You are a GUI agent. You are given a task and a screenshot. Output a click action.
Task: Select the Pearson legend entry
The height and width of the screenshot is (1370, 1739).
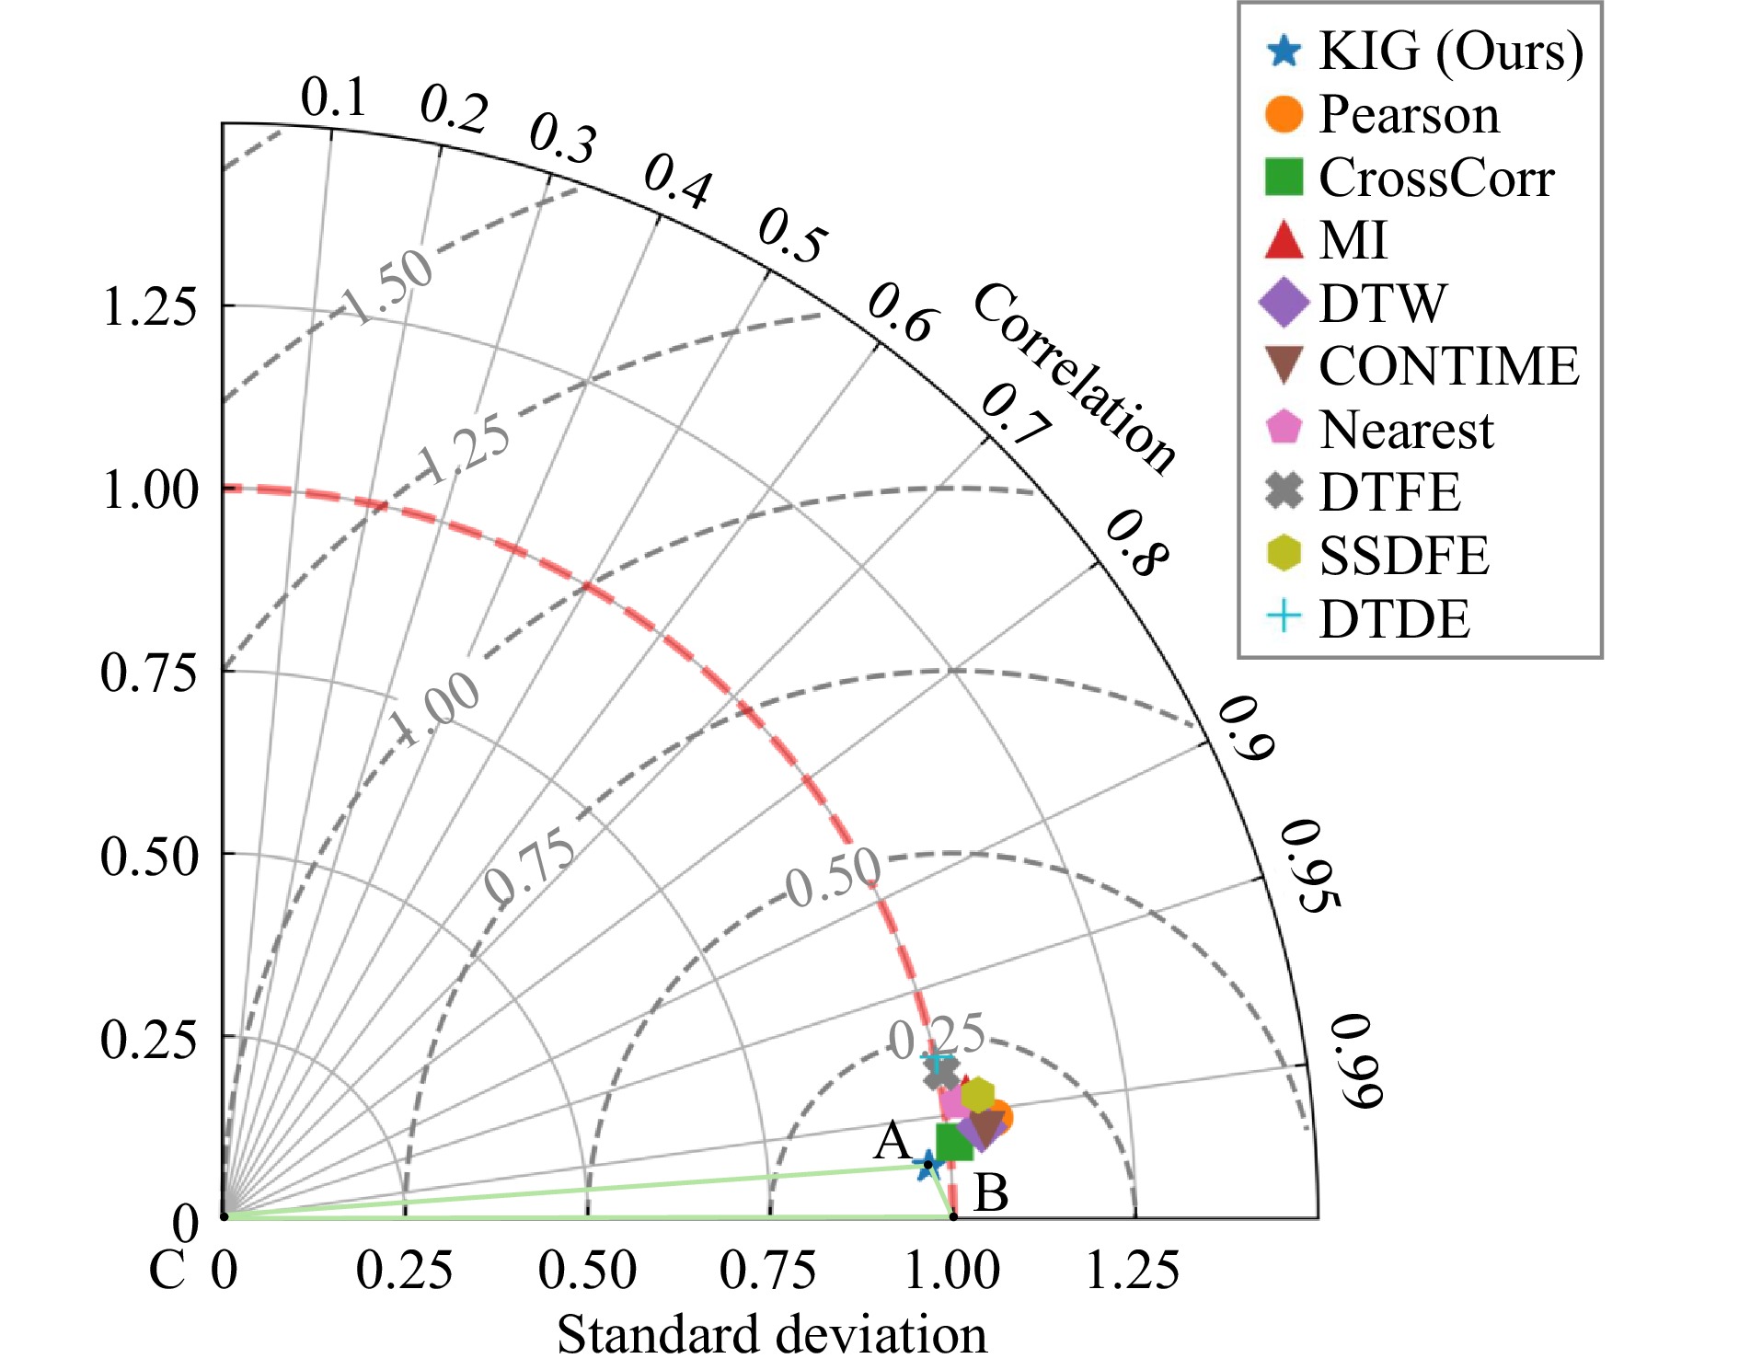[x=1408, y=114]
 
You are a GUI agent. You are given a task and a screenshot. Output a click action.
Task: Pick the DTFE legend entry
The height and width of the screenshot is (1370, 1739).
[x=1388, y=492]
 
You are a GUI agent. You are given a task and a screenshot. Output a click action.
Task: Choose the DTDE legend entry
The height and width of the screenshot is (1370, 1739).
[x=1393, y=618]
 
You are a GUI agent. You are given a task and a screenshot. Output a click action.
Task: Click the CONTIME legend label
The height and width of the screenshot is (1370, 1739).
[x=1448, y=366]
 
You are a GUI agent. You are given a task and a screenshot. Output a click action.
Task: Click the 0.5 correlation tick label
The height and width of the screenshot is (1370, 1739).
[x=791, y=236]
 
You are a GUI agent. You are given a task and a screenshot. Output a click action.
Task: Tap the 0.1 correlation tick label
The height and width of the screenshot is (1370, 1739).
[x=333, y=97]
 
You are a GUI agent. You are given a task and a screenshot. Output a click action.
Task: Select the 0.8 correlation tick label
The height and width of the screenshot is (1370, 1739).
[x=1136, y=544]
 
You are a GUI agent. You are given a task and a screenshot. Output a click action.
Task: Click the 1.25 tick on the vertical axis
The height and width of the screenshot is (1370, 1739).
[x=148, y=306]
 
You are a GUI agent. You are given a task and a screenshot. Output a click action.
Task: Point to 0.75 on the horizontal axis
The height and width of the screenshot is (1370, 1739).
[x=767, y=1270]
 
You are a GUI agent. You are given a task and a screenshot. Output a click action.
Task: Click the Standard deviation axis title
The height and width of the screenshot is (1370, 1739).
[x=771, y=1334]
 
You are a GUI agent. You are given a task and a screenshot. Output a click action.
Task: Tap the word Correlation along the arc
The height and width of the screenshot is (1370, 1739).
[x=1074, y=378]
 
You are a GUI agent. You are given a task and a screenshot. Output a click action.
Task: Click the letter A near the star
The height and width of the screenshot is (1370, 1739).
[x=892, y=1142]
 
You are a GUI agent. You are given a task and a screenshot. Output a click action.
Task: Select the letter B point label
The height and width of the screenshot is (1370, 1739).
[x=990, y=1192]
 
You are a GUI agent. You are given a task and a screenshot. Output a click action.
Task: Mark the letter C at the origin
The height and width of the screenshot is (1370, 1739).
[x=167, y=1271]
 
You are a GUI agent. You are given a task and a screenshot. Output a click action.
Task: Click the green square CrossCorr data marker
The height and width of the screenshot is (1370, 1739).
[x=954, y=1142]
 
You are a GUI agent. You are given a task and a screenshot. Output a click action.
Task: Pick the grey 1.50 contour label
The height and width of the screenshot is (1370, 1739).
[x=389, y=286]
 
